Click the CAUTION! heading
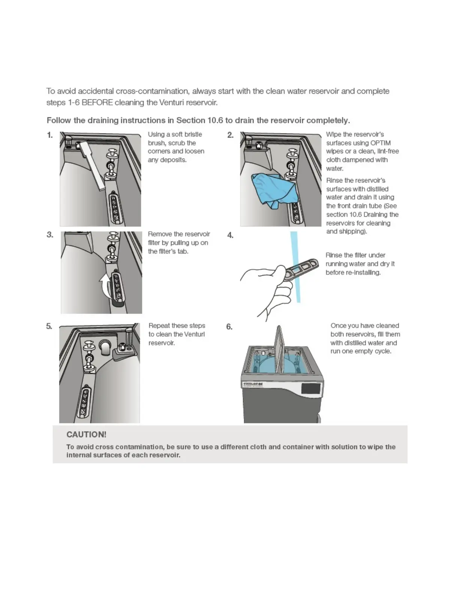pos(86,434)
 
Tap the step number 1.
pos(50,135)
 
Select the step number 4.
pos(230,235)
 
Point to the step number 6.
pos(229,327)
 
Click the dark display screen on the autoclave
pos(310,388)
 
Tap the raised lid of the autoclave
pos(279,349)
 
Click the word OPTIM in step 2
pos(381,143)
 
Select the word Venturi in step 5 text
pos(194,334)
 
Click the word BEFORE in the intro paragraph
pos(97,102)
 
